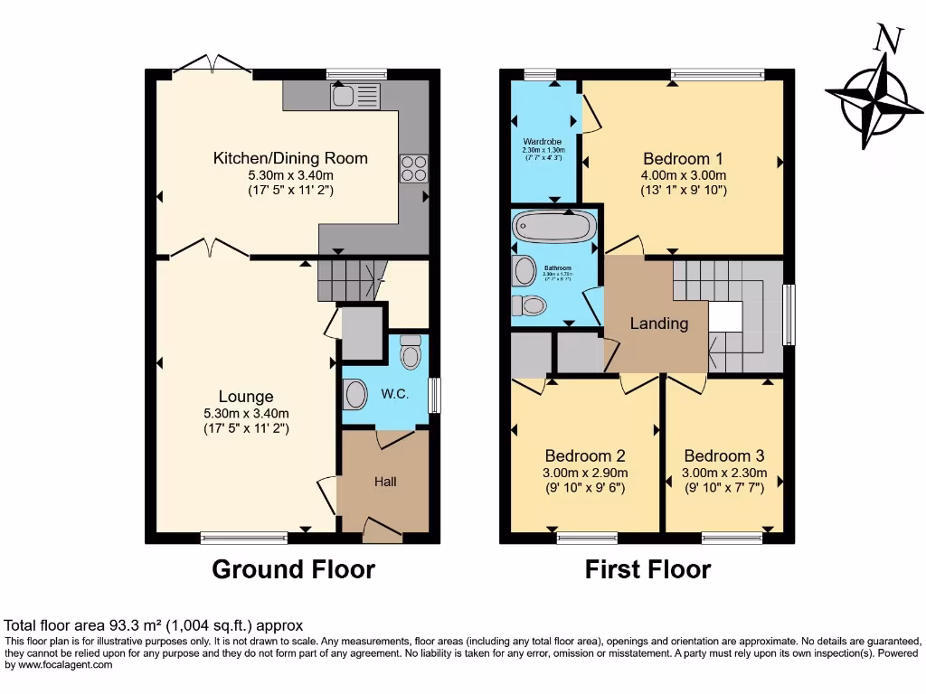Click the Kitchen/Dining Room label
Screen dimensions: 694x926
pyautogui.click(x=290, y=158)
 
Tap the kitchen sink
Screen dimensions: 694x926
pyautogui.click(x=343, y=95)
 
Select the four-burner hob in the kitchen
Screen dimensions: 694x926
pyautogui.click(x=413, y=169)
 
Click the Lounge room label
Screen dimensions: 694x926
pyautogui.click(x=246, y=396)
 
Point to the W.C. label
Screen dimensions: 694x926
pyautogui.click(x=395, y=394)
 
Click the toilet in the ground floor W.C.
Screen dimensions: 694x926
pyautogui.click(x=411, y=352)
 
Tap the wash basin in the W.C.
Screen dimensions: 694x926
pyautogui.click(x=355, y=395)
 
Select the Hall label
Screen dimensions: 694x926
pyautogui.click(x=385, y=482)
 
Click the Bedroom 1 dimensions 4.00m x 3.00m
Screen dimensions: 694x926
pyautogui.click(x=685, y=175)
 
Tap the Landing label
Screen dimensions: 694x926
pyautogui.click(x=658, y=324)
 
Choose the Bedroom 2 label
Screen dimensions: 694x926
pyautogui.click(x=584, y=456)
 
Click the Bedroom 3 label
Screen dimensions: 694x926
pyautogui.click(x=724, y=456)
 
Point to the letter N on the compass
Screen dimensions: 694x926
pyautogui.click(x=889, y=39)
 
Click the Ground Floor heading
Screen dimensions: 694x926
pyautogui.click(x=293, y=569)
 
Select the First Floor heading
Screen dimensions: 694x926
pyautogui.click(x=647, y=569)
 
